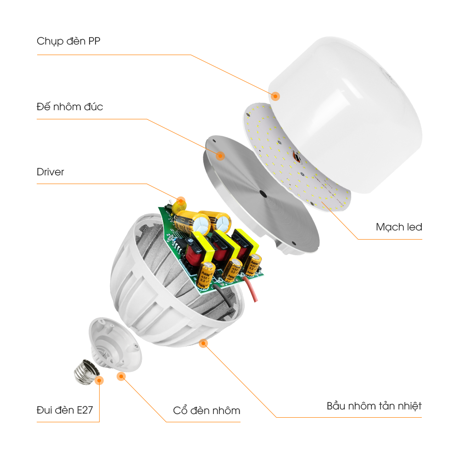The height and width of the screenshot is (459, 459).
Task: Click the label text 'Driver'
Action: [50, 172]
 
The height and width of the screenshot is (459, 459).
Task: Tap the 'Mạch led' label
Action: [398, 227]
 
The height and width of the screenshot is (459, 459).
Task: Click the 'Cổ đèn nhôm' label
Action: [207, 410]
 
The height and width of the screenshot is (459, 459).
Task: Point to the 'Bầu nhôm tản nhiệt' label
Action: [374, 406]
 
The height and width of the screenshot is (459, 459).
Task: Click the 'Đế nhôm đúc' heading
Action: [69, 107]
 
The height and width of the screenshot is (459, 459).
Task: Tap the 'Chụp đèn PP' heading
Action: [68, 41]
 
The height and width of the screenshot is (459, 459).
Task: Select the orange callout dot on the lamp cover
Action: [275, 96]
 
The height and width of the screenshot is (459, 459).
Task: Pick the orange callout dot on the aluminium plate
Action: [220, 156]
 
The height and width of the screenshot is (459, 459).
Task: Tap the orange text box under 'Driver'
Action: [108, 192]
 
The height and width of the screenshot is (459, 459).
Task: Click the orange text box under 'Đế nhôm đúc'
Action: [129, 137]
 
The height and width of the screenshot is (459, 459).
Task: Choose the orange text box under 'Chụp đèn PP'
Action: [156, 75]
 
